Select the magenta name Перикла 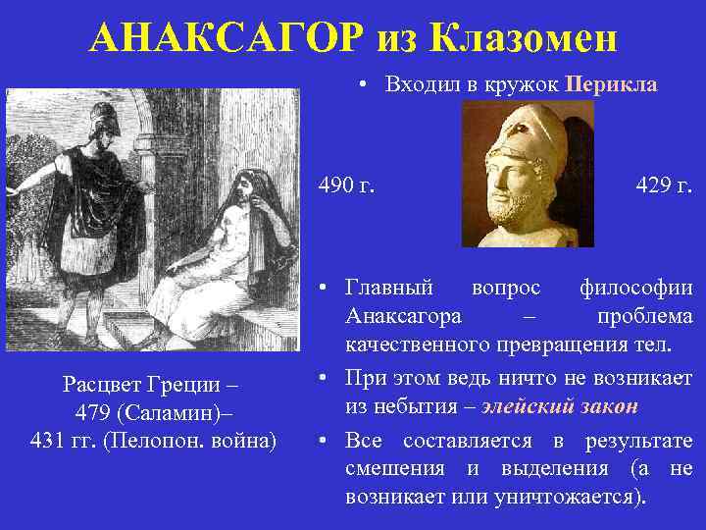coord(611,84)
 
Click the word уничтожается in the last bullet coord(580,496)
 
